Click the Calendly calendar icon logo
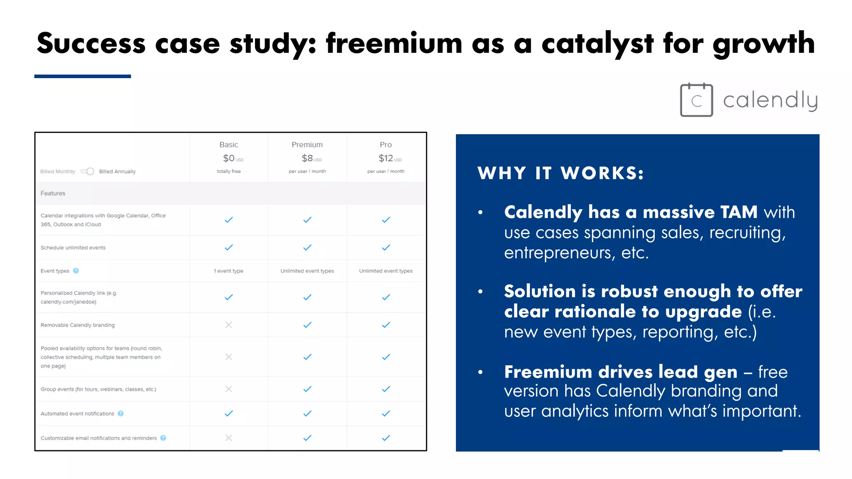point(696,100)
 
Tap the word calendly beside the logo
point(770,100)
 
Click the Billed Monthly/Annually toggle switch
point(87,171)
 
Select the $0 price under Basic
point(229,158)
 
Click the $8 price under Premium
point(307,158)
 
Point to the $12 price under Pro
point(386,158)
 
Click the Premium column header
point(307,145)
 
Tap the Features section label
point(53,193)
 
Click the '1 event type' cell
point(228,271)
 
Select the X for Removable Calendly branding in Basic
point(228,325)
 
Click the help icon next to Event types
point(76,271)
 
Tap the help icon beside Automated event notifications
point(121,413)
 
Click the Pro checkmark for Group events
point(386,389)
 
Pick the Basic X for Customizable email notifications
point(228,438)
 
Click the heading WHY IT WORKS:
point(560,173)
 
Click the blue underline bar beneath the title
point(82,77)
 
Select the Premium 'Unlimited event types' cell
point(307,271)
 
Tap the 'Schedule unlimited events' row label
point(73,248)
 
